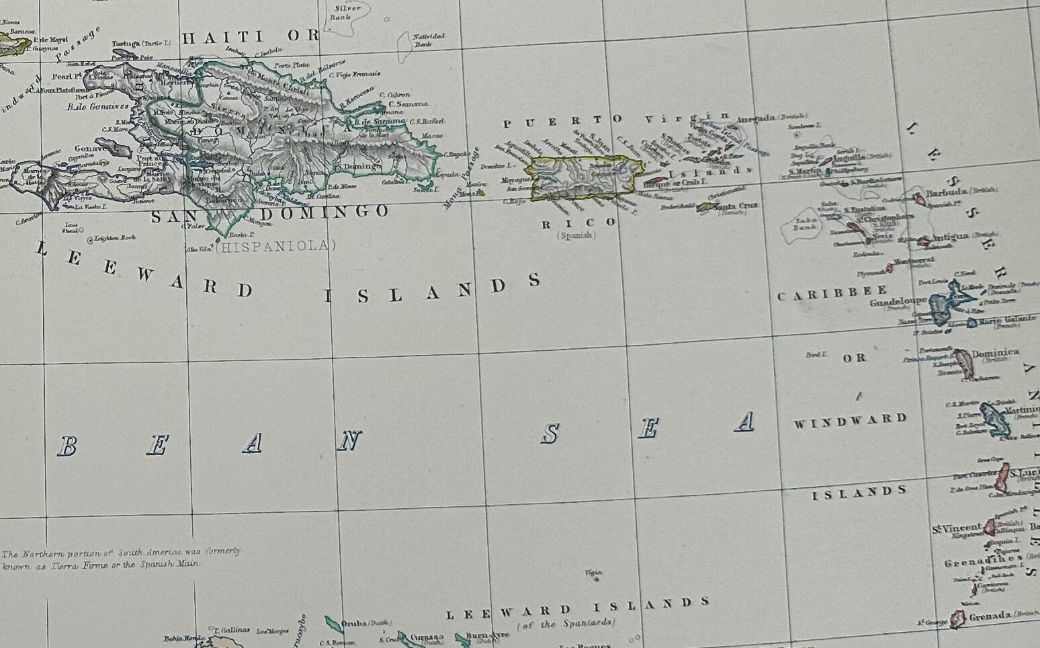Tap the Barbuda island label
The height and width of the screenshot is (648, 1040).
click(x=945, y=194)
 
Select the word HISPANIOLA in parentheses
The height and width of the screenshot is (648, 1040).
click(x=275, y=246)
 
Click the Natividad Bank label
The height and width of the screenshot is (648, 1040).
click(x=421, y=40)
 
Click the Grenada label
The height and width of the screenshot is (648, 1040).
click(x=990, y=615)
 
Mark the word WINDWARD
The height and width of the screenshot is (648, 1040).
click(x=850, y=421)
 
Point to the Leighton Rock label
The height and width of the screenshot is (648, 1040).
click(x=116, y=238)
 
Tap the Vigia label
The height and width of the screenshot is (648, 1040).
click(x=593, y=573)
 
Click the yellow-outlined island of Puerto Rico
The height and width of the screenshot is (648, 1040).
click(x=582, y=178)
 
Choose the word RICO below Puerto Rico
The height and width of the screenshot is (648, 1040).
click(x=578, y=222)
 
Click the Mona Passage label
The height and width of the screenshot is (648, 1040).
click(x=460, y=179)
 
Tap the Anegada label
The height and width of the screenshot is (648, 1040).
click(x=757, y=119)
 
